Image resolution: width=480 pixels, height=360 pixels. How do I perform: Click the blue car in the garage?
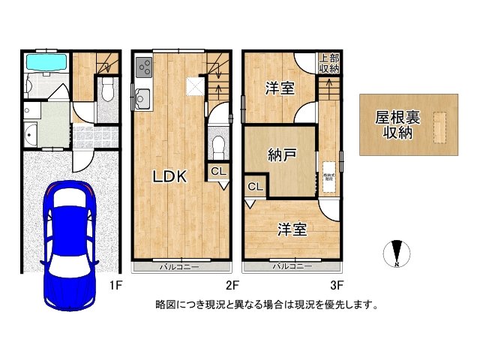pos(68,245)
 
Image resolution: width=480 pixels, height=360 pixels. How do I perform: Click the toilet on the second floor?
pos(218,144)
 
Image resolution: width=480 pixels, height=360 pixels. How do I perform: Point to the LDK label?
pos(169,177)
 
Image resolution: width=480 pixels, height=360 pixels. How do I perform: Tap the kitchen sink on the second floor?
pos(142,97)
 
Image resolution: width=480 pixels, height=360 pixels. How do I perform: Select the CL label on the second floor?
pos(217,172)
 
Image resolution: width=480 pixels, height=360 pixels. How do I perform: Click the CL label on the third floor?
pos(254,187)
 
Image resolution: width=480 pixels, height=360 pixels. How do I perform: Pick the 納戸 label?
pos(282,155)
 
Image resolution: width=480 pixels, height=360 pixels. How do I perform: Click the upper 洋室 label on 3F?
pos(280,88)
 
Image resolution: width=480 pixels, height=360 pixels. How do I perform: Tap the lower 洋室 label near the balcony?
pos(293,229)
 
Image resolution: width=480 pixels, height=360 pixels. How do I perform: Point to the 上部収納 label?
pos(328,63)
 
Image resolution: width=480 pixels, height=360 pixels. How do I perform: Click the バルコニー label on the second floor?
pos(178,266)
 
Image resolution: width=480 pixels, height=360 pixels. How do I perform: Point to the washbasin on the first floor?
pos(31,136)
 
